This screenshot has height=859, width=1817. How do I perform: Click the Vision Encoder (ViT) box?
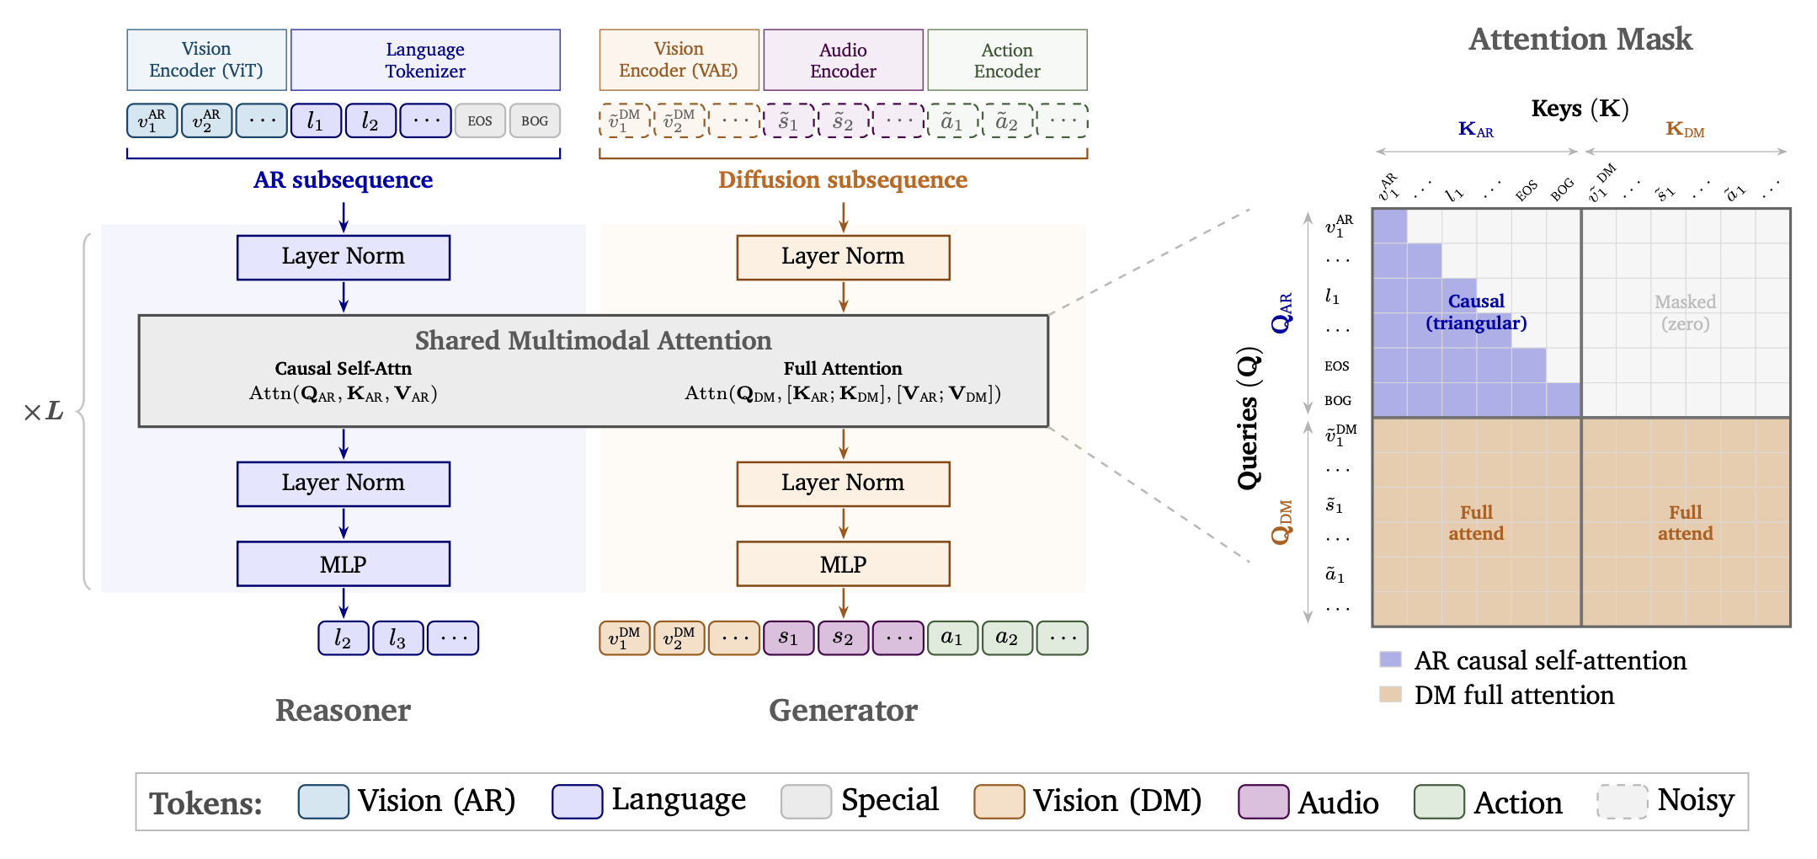click(206, 60)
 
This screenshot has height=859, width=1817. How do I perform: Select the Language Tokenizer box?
click(425, 60)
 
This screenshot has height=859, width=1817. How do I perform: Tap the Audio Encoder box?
click(843, 60)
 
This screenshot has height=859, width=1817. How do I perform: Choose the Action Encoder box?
click(1007, 60)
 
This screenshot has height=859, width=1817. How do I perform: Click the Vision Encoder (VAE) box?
click(679, 60)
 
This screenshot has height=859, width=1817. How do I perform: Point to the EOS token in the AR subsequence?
click(480, 120)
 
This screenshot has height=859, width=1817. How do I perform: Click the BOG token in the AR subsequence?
click(535, 120)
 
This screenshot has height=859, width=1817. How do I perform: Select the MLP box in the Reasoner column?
click(344, 564)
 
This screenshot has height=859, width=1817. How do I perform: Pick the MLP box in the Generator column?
click(843, 564)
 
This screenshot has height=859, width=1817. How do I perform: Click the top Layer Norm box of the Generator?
click(843, 257)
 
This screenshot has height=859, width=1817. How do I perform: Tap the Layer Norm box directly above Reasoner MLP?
click(344, 483)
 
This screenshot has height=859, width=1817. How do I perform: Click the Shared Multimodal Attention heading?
click(593, 340)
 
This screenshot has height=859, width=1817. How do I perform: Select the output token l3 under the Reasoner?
click(398, 638)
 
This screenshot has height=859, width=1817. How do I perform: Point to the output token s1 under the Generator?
click(789, 638)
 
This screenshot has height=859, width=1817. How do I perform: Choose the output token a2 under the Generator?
click(1007, 638)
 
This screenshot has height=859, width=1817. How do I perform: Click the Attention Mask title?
click(1580, 40)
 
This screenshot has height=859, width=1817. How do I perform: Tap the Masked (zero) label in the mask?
click(1685, 312)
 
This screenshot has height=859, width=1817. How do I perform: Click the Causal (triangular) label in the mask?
click(1476, 312)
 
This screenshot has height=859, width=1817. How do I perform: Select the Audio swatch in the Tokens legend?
click(1263, 802)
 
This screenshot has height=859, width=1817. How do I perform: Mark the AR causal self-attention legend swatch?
click(1390, 659)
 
